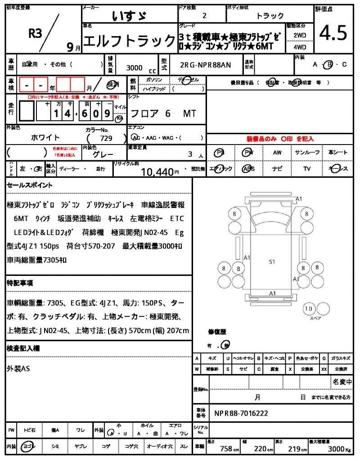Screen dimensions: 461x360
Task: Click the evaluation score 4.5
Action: pyautogui.click(x=333, y=33)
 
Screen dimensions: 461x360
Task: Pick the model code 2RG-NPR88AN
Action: pyautogui.click(x=205, y=65)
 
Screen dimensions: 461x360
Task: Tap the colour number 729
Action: pyautogui.click(x=106, y=139)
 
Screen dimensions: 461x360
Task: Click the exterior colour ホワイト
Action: pyautogui.click(x=45, y=137)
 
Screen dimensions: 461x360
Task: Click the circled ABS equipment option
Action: pyautogui.click(x=248, y=169)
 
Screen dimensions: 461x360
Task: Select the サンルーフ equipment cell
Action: pyautogui.click(x=307, y=153)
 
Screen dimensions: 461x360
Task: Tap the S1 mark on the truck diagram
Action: pyautogui.click(x=272, y=261)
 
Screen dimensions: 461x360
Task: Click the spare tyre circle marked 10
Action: pyautogui.click(x=308, y=309)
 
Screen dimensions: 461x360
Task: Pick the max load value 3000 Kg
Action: pyautogui.click(x=336, y=448)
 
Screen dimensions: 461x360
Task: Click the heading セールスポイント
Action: pyautogui.click(x=30, y=185)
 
